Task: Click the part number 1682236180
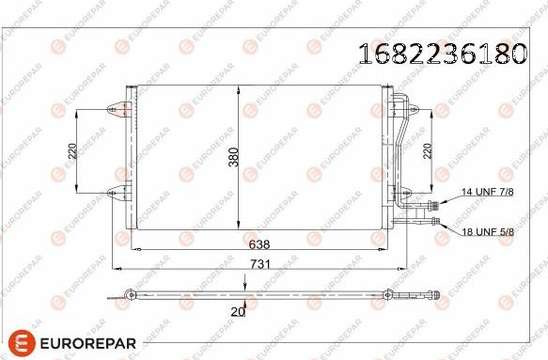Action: tap(443, 54)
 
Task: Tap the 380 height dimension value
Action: tap(233, 157)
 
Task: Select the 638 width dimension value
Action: tap(259, 244)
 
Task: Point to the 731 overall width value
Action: tap(260, 264)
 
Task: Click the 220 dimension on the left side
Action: tap(72, 151)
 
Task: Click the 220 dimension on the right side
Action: tap(428, 151)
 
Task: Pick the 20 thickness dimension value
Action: tap(238, 311)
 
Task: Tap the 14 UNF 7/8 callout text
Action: tap(488, 192)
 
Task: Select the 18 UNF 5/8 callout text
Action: tap(488, 231)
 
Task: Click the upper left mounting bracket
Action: tap(117, 109)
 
